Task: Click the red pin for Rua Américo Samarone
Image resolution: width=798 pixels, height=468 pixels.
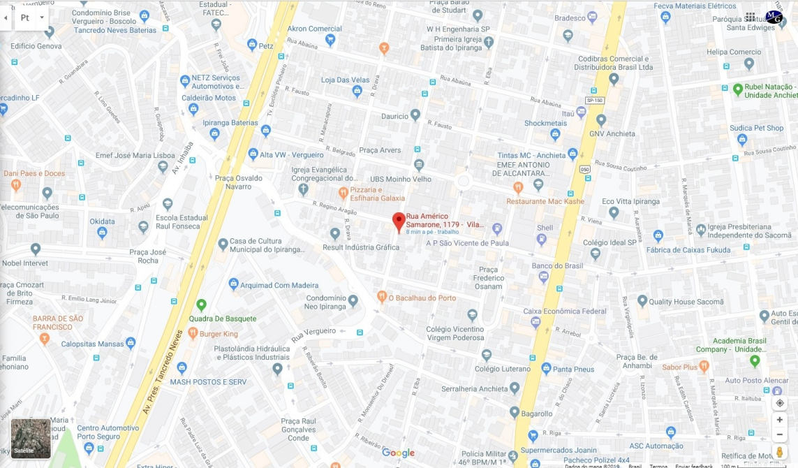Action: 399,221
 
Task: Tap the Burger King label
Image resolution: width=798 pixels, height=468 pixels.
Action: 219,334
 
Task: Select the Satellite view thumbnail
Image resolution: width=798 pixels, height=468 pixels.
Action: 31,438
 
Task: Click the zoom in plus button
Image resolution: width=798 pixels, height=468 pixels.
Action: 780,420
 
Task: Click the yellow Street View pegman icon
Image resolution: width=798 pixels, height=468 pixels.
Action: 780,452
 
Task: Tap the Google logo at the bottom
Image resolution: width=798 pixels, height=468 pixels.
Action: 398,453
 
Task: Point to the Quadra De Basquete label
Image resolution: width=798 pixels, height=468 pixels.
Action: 223,319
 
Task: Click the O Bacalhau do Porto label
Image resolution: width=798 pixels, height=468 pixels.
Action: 422,298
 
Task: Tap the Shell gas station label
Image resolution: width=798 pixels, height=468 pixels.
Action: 545,228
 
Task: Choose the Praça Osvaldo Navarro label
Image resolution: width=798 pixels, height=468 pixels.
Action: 239,182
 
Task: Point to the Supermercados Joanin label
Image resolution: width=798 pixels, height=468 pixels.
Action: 568,450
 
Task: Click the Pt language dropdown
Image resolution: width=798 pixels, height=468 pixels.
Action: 31,17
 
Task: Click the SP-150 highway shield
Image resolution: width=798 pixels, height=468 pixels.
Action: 594,100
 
